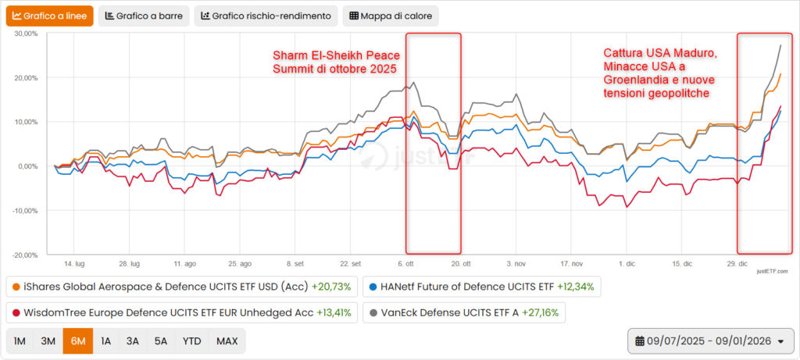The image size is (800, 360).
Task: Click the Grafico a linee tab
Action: [50, 16]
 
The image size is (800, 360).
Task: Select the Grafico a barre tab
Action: [144, 16]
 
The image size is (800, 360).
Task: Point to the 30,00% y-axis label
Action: [27, 34]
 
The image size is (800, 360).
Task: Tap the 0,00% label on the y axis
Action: [29, 166]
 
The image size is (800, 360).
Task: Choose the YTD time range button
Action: [191, 341]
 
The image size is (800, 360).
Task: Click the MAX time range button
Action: [227, 341]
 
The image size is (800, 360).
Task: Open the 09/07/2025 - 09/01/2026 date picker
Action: [710, 341]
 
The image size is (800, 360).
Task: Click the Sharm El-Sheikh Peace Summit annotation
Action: [335, 62]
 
